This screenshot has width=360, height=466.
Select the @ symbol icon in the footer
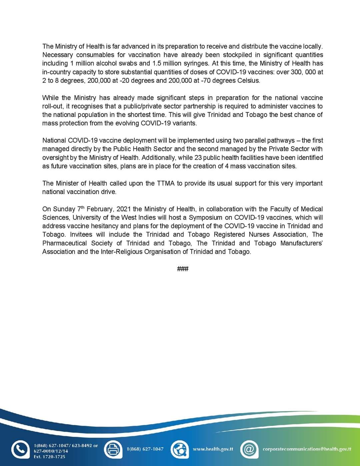pyautogui.click(x=249, y=449)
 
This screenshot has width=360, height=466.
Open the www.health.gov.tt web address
pyautogui.click(x=213, y=449)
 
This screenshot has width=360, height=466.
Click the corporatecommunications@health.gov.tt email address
pyautogui.click(x=307, y=449)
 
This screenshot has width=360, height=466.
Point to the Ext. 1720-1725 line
pyautogui.click(x=49, y=457)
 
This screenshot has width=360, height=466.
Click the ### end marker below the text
pyautogui.click(x=183, y=269)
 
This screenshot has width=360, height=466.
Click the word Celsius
pyautogui.click(x=248, y=80)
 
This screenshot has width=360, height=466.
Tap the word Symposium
pyautogui.click(x=205, y=218)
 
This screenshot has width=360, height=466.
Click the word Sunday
pyautogui.click(x=64, y=209)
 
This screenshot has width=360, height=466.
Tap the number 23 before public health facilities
pyautogui.click(x=198, y=157)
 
